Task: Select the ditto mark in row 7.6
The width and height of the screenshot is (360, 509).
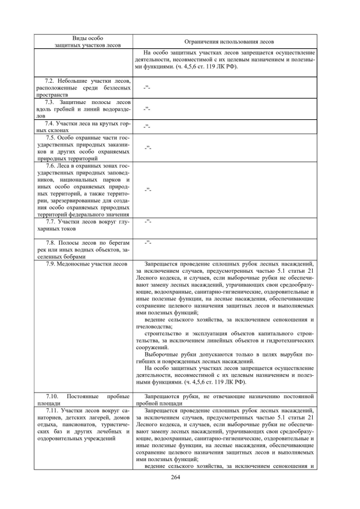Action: (147, 190)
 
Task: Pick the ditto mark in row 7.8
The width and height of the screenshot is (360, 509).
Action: (147, 242)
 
